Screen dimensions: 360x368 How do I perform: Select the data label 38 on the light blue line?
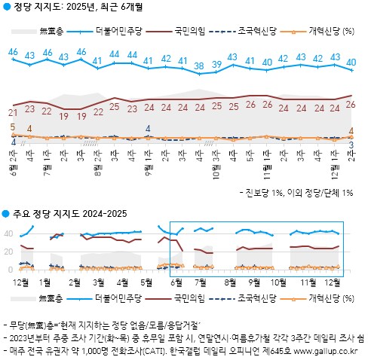tap(199, 66)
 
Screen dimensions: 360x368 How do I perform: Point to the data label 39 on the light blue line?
tap(217, 64)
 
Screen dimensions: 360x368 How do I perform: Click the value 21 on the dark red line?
tap(13, 111)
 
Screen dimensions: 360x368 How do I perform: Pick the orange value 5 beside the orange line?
tap(13, 127)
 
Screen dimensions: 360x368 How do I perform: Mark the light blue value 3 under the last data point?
tap(352, 143)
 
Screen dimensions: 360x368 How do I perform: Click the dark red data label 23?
tap(29, 108)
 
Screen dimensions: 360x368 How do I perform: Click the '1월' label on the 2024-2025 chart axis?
tap(45, 282)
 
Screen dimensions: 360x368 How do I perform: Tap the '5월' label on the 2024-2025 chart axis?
tap(146, 282)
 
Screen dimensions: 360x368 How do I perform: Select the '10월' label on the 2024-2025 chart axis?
tap(278, 282)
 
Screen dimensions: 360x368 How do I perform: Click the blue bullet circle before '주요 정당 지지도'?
tap(5, 214)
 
